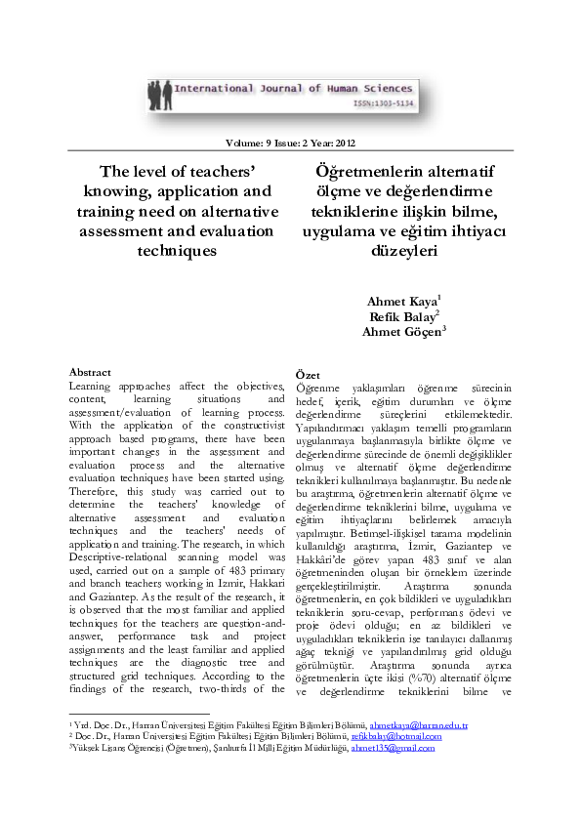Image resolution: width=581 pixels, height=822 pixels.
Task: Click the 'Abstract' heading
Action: (x=89, y=372)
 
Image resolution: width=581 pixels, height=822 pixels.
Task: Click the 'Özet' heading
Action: (x=308, y=375)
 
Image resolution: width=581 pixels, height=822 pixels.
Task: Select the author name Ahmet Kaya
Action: (x=401, y=302)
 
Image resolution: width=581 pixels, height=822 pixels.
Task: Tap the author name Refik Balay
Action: (x=401, y=316)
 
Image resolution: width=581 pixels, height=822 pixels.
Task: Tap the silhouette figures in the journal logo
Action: (x=154, y=94)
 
